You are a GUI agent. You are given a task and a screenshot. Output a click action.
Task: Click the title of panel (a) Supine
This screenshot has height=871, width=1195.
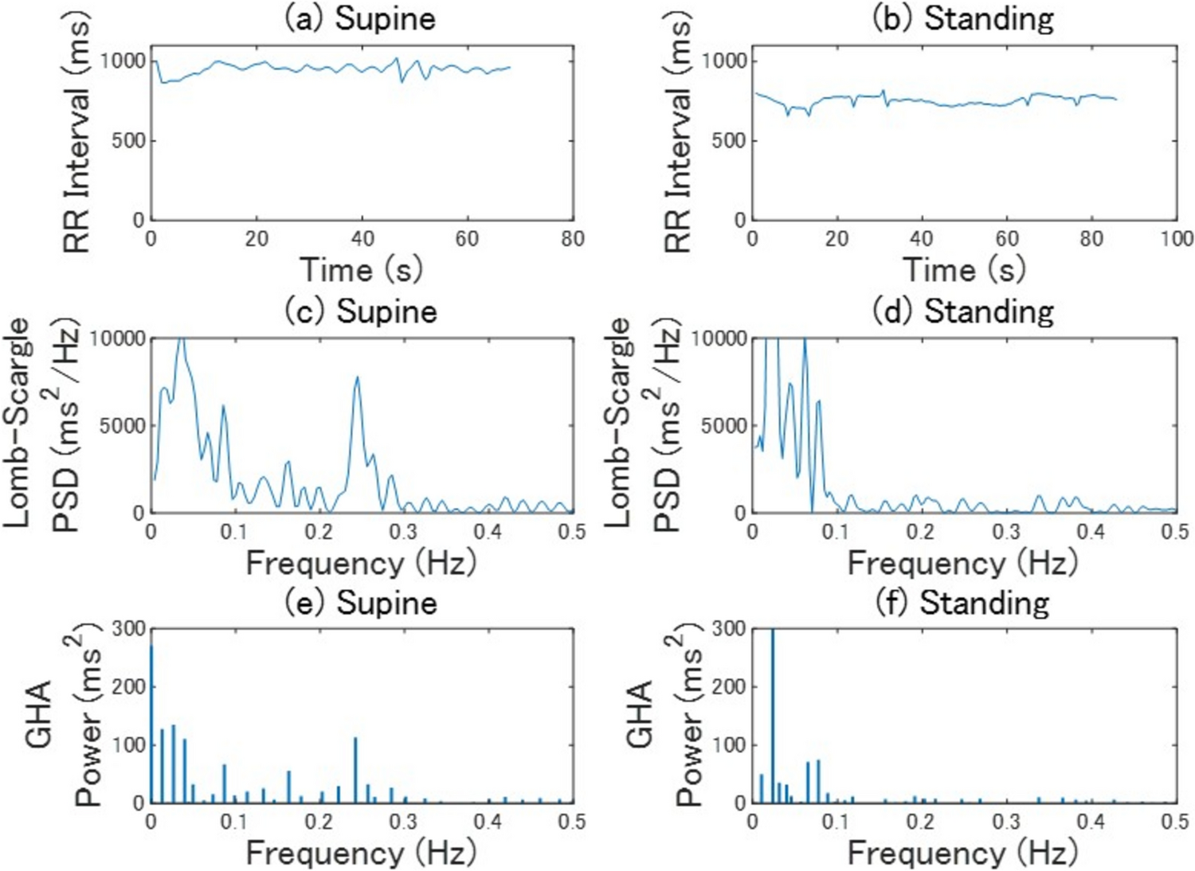click(361, 18)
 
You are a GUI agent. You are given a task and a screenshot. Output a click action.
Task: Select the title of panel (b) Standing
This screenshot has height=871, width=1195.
click(963, 18)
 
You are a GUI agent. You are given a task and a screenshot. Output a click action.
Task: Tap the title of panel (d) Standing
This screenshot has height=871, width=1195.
click(963, 311)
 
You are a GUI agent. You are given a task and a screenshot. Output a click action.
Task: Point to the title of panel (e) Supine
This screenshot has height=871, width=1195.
click(361, 602)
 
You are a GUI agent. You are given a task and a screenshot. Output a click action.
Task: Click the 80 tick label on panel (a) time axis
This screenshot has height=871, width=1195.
click(572, 239)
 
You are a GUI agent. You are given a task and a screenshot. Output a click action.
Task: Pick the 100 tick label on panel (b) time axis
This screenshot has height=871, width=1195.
click(1176, 239)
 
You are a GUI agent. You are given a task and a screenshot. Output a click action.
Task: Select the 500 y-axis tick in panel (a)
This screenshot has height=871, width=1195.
click(127, 141)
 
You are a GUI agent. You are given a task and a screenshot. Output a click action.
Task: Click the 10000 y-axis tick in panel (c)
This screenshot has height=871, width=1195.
click(117, 339)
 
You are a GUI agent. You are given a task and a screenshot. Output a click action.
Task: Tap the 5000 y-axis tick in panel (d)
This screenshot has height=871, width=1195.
click(723, 426)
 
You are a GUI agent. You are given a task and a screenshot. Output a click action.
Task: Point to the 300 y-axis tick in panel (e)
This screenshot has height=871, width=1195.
click(129, 629)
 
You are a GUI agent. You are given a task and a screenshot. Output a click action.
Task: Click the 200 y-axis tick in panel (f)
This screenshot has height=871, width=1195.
click(730, 687)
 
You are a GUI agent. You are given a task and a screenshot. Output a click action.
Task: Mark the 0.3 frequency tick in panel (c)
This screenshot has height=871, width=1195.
click(404, 532)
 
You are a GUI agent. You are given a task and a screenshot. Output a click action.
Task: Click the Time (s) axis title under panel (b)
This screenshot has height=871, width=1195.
click(963, 270)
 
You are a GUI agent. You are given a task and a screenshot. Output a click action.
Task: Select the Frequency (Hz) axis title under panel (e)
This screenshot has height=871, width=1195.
click(361, 853)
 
